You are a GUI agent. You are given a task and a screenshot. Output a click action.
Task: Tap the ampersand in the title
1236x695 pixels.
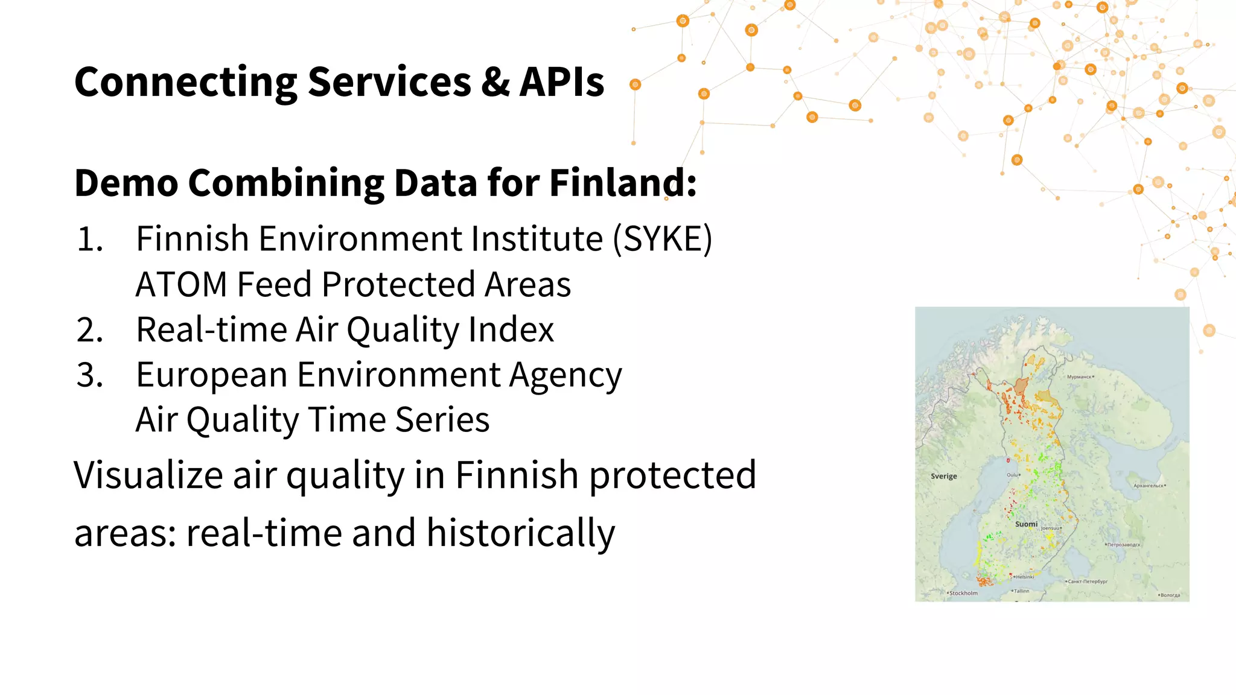(495, 83)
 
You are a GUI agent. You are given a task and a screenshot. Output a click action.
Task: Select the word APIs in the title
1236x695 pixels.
(562, 83)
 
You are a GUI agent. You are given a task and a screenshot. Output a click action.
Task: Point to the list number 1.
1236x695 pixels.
(90, 240)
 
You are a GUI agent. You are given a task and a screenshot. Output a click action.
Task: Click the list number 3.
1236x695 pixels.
(90, 375)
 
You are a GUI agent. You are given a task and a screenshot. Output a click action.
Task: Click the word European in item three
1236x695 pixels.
(211, 375)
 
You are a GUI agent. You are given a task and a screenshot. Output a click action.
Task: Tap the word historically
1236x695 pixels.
(520, 533)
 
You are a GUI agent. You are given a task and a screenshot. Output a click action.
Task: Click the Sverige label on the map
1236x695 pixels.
(944, 476)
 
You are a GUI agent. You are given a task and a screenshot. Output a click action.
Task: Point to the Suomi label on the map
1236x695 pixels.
(1026, 524)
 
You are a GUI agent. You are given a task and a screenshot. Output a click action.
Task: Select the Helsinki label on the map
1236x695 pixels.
(1025, 577)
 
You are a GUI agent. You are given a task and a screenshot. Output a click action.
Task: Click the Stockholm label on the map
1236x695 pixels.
(963, 593)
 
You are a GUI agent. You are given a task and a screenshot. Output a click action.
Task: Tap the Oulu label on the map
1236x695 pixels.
(1012, 475)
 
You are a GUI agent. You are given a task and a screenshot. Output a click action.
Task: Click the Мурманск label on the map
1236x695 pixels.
(1079, 376)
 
